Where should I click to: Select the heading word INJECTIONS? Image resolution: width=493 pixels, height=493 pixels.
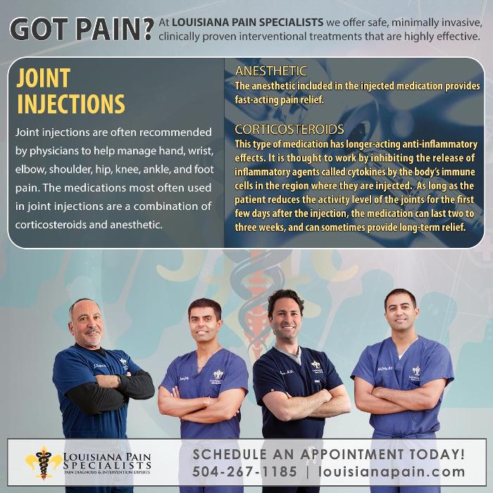tap(70, 104)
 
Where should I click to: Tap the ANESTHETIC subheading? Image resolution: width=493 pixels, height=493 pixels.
tap(270, 71)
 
